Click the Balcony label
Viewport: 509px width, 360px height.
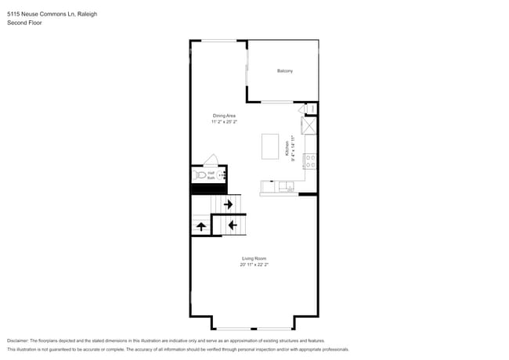click(285, 71)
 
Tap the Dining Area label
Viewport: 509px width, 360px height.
click(224, 116)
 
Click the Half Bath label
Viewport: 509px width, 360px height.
click(211, 176)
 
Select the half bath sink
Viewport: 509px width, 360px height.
click(220, 176)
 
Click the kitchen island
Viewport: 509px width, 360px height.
click(271, 146)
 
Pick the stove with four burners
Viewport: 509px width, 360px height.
click(310, 162)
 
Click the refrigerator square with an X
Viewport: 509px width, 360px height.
click(309, 124)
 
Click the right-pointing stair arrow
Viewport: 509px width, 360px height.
click(228, 204)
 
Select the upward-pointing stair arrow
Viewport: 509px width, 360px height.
click(201, 226)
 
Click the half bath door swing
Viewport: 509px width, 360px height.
click(211, 159)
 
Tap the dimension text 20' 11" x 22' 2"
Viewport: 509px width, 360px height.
click(254, 265)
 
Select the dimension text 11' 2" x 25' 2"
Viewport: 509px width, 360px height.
click(224, 122)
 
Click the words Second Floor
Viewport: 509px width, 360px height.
click(24, 23)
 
